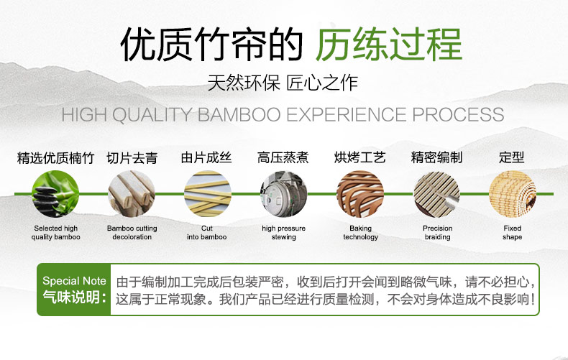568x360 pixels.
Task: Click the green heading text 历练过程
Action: coord(389,44)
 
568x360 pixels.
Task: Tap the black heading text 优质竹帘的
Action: coord(211,44)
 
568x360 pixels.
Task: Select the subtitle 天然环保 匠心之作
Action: coord(283,83)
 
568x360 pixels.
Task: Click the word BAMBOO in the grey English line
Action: coord(239,115)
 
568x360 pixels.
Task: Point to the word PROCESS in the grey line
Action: coord(458,115)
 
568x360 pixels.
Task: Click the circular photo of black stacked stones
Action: coord(55,194)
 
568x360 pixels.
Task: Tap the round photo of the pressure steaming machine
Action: coord(283,194)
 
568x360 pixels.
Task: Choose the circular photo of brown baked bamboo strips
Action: coord(360,194)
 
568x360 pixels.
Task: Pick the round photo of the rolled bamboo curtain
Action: coord(512,194)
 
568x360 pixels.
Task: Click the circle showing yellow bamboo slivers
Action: coord(208,194)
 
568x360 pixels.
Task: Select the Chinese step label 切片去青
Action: coord(132,158)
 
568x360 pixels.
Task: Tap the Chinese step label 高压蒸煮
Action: coord(283,157)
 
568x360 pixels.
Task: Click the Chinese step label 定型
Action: coord(511,157)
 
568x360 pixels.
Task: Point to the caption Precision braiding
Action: coord(438,233)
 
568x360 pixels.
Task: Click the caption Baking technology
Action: coord(360,233)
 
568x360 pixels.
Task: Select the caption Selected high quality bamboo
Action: coord(56,233)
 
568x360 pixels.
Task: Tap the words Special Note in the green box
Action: coord(74,281)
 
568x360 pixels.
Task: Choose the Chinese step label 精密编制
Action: coord(436,157)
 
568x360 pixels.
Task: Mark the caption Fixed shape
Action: coord(512,233)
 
